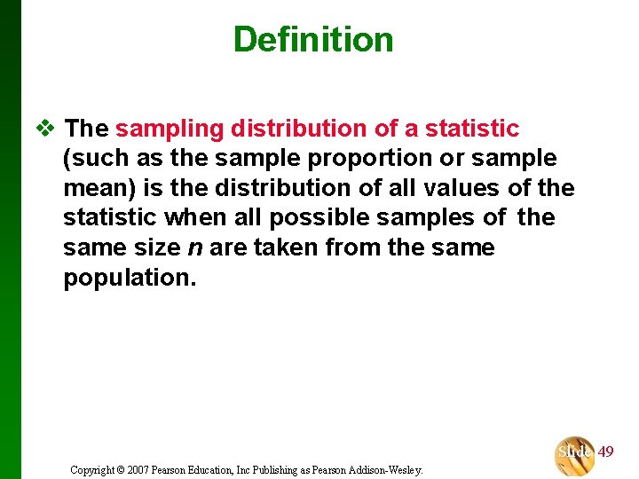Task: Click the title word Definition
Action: click(312, 40)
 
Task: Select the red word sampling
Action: click(170, 130)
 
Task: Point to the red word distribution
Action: click(299, 130)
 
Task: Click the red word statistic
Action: click(471, 130)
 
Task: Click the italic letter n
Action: click(199, 247)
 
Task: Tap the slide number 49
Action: click(605, 452)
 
